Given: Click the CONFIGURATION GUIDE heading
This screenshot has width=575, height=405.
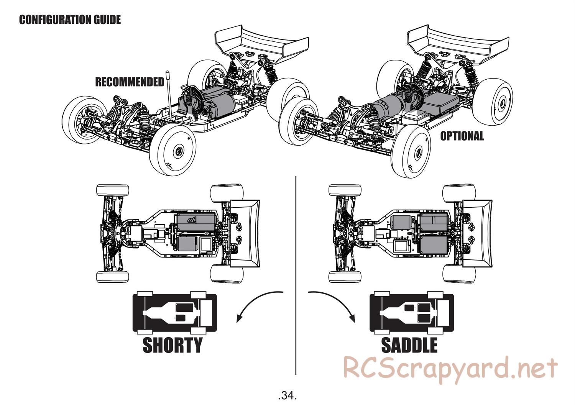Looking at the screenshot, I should click(x=70, y=20).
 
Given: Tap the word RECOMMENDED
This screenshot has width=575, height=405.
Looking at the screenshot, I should click(x=130, y=82).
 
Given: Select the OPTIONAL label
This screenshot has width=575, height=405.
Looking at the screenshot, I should click(x=462, y=136).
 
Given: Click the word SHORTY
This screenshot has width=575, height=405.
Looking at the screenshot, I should click(x=172, y=345).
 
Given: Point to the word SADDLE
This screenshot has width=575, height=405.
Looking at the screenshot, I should click(x=409, y=345).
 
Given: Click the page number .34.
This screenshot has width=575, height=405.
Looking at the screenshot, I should click(x=287, y=395).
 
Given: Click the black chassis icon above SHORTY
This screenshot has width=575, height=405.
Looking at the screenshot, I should click(x=174, y=313).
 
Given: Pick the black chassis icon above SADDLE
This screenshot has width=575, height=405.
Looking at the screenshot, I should click(x=411, y=313).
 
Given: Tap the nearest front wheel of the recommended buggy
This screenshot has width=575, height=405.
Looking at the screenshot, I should click(x=172, y=149).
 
